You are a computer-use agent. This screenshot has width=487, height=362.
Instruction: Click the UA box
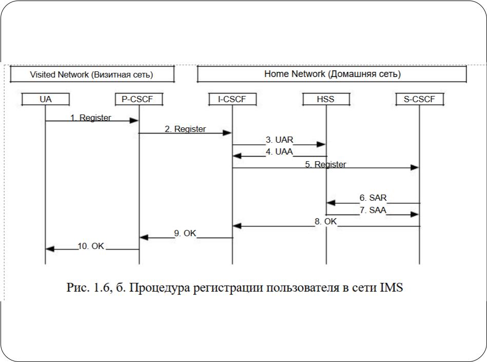coord(45,99)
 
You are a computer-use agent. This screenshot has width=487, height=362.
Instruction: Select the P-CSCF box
coord(139,99)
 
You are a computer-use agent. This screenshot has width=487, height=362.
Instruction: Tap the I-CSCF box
coord(232,99)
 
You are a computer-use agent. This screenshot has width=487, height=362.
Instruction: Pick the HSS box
coord(326,99)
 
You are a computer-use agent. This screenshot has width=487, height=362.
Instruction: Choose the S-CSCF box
coord(420,99)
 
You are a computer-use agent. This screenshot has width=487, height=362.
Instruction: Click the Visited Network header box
coord(92,74)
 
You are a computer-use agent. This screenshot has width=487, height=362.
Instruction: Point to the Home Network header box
coord(332,74)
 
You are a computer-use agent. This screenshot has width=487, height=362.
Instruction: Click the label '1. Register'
coord(91,118)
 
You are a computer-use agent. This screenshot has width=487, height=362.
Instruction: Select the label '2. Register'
coord(185,129)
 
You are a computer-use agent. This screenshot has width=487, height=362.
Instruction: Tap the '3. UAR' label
coord(280,140)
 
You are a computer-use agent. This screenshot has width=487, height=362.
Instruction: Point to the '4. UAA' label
coord(280,151)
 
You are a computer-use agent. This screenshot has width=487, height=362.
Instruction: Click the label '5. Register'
coord(325,164)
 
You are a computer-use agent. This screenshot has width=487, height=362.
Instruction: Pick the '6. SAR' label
coord(373,198)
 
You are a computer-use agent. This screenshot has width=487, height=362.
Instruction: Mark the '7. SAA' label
coord(373,210)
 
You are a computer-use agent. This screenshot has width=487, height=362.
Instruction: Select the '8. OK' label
coord(325,221)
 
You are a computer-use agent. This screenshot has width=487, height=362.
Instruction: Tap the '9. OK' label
coord(185,233)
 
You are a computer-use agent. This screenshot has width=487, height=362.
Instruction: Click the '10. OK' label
coord(91,246)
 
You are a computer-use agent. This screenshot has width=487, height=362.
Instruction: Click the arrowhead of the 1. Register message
coord(134,121)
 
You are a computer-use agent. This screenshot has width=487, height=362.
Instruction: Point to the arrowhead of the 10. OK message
coord(50,249)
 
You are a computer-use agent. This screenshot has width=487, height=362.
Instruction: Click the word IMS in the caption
coord(392,287)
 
